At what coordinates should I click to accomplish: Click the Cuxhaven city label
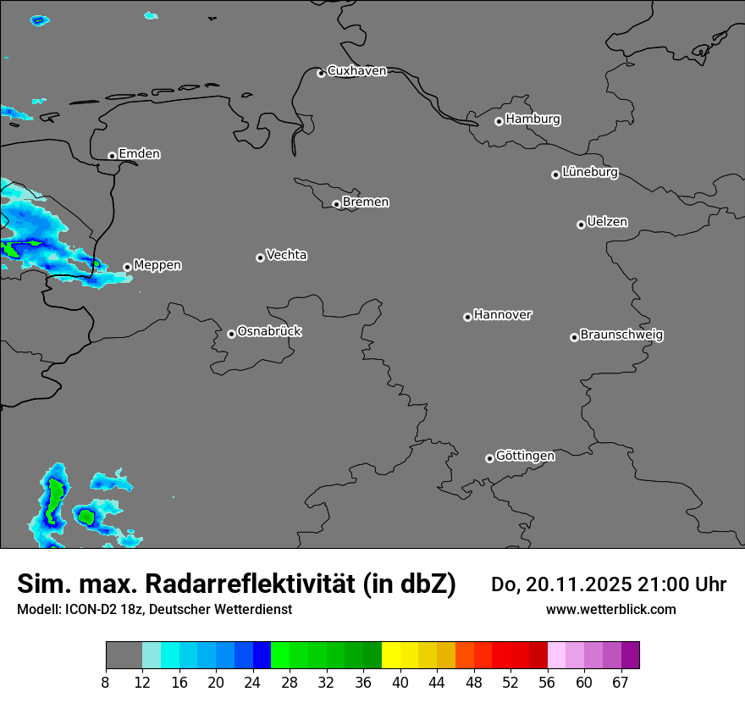[356, 71]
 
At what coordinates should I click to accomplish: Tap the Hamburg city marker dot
[499, 121]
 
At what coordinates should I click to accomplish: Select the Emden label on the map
[139, 154]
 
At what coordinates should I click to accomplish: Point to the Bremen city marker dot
[336, 204]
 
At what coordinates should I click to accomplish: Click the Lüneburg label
[589, 173]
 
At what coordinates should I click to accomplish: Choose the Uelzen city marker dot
[581, 224]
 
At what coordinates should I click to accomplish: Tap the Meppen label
[157, 265]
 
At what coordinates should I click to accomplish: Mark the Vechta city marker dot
[260, 257]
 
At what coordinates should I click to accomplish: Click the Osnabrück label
[269, 332]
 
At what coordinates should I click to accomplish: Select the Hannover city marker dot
[467, 317]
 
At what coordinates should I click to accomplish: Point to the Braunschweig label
[621, 335]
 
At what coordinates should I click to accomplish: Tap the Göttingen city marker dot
[489, 458]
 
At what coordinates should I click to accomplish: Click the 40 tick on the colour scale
[400, 683]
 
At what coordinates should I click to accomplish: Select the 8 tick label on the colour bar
[106, 683]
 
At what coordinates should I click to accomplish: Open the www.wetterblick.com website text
[610, 610]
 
